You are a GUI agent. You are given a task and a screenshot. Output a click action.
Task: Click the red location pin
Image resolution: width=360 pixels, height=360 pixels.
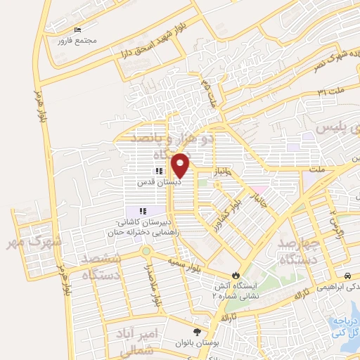coord(181,166)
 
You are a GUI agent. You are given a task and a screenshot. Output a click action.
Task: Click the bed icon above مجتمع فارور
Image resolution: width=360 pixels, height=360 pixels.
coord(78,30)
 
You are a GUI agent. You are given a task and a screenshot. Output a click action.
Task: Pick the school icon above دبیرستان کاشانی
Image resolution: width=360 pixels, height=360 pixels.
coord(143,210)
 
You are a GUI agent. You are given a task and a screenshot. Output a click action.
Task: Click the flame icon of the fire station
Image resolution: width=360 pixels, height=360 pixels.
coord(236,276)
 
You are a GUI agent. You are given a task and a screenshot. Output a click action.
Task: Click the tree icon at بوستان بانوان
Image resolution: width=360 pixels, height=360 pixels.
coord(196,331)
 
